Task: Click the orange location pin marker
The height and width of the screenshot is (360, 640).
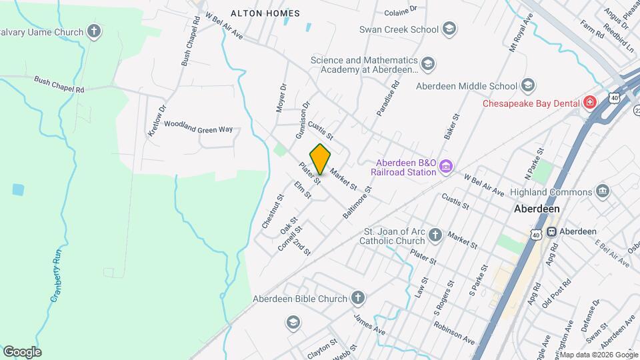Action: coord(321,158)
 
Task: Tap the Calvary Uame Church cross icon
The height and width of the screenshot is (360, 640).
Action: coord(95,31)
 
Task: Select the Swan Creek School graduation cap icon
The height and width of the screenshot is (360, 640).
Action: coord(449,29)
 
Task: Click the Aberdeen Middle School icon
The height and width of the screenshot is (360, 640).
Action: coord(528,85)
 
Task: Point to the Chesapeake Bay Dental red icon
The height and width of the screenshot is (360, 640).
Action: coord(589,103)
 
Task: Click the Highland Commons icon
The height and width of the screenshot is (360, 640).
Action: coord(603,192)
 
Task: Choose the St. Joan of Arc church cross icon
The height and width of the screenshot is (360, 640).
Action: coord(435,235)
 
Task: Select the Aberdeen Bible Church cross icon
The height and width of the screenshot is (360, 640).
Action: coord(358,298)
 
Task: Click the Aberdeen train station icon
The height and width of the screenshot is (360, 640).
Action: coord(552,231)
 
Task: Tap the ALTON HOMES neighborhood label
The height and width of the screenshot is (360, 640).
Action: coord(265,13)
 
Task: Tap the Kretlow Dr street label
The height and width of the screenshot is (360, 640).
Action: coord(156,120)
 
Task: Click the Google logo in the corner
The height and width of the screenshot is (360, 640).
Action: coord(22,351)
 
